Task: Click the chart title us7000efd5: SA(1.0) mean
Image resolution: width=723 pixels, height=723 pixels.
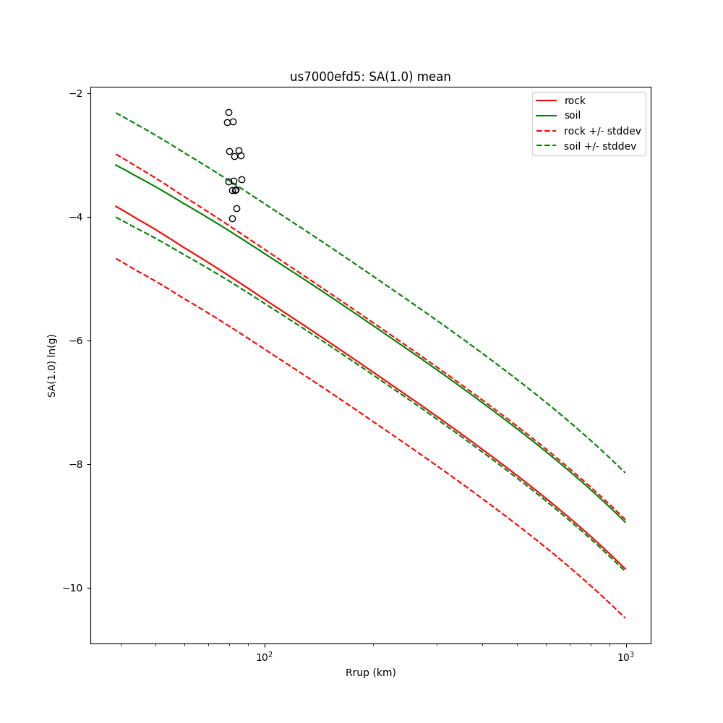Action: point(370,77)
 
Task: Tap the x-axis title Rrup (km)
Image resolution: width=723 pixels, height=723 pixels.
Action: point(370,672)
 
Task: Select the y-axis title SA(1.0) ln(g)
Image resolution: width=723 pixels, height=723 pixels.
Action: point(52,365)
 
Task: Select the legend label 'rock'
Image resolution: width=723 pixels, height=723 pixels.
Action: point(575,100)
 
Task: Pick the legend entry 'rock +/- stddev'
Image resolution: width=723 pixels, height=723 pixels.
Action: point(602,131)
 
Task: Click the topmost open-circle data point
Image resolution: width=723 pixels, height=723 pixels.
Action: point(228,112)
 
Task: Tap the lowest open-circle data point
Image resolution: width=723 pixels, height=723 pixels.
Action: point(232,218)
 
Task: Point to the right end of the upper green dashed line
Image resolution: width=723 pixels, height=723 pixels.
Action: point(625,473)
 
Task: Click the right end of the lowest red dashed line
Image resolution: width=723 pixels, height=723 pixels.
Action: point(625,618)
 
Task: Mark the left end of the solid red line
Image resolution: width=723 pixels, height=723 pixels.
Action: point(116,206)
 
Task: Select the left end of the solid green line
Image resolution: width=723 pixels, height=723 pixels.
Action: point(116,165)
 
